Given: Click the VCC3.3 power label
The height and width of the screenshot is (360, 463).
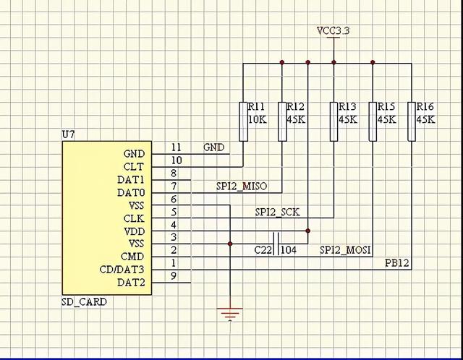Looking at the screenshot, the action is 333,30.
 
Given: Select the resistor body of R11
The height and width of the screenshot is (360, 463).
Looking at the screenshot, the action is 243,121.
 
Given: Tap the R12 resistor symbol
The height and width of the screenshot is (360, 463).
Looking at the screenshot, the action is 282,121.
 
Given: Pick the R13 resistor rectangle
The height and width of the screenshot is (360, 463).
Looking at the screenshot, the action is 334,121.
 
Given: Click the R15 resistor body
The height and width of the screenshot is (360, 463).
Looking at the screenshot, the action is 373,121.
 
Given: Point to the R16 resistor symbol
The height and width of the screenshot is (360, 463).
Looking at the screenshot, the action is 412,121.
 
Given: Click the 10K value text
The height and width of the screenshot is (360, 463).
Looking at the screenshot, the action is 258,119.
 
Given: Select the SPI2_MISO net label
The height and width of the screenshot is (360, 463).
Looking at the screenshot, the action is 242,187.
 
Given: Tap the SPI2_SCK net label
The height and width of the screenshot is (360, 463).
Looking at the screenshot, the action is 277,212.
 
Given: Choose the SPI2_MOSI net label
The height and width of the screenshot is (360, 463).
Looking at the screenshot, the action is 345,250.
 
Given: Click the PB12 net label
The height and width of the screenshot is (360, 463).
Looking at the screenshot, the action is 397,263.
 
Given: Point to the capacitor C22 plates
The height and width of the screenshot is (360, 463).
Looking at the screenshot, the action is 276,244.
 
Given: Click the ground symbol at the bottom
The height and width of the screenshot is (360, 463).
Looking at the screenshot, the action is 230,314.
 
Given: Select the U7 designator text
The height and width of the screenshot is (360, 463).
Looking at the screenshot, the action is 68,135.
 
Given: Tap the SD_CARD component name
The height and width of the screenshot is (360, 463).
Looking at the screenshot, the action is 84,302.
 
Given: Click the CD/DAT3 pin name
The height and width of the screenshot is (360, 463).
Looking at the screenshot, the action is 122,270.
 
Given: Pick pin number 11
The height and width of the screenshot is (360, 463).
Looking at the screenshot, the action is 177,147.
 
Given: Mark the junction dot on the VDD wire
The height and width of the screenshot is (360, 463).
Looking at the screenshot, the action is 307,231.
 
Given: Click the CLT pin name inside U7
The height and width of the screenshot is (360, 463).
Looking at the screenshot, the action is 133,167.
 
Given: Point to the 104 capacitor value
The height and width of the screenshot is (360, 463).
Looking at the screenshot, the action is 289,250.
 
